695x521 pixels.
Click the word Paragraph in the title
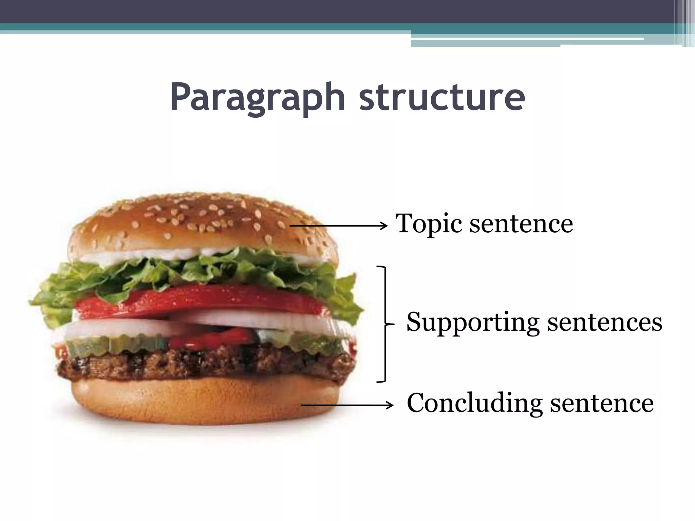click(x=257, y=98)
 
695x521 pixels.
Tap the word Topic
click(x=428, y=224)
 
